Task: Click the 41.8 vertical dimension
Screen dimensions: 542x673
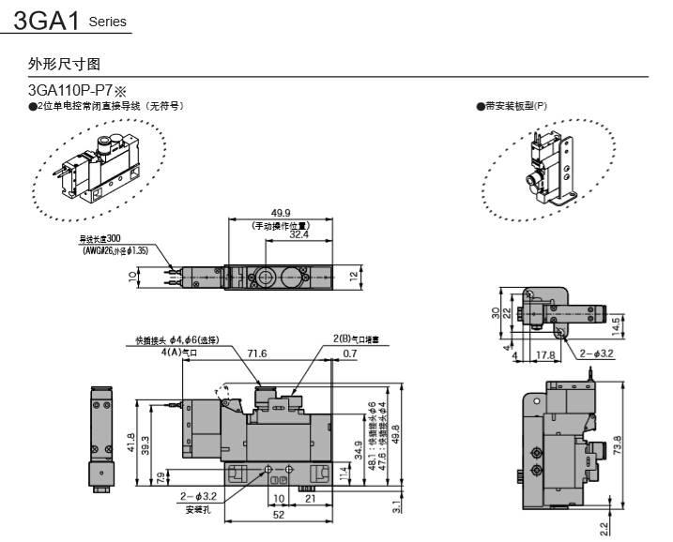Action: pyautogui.click(x=130, y=442)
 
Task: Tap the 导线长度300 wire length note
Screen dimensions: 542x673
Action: pyautogui.click(x=100, y=239)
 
